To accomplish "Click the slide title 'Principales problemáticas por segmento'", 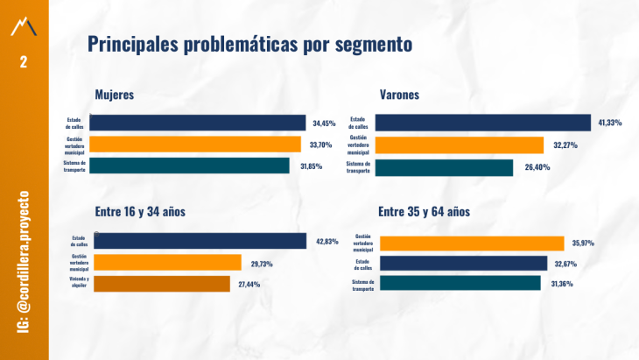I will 249,43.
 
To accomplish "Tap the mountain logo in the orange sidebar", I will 24,27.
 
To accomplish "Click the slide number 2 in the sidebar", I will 24,61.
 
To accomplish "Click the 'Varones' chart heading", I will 399,95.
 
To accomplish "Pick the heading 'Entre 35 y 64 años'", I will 425,211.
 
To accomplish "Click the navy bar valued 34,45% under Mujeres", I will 197,123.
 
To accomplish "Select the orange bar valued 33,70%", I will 194,145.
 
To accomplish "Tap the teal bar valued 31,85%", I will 189,166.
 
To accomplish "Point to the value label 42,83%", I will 326,242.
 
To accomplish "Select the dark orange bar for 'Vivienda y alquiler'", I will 161,284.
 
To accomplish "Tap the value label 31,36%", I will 564,283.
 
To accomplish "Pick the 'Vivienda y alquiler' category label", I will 80,283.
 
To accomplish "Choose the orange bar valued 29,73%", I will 166,262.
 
